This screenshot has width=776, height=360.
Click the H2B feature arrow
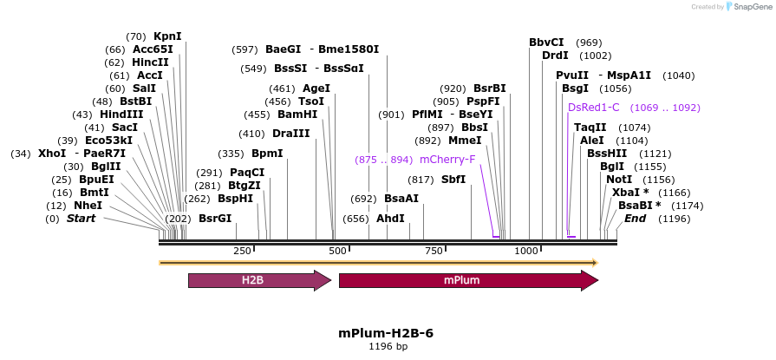(x=258, y=280)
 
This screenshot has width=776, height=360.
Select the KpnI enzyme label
(x=167, y=36)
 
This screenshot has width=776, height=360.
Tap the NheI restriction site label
(x=88, y=206)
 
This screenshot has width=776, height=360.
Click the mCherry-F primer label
(x=447, y=160)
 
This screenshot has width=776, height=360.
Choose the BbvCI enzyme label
(x=546, y=43)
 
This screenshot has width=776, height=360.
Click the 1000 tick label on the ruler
(x=526, y=251)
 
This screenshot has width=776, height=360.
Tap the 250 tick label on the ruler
(x=242, y=251)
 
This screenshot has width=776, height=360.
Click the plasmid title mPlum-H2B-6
(x=386, y=333)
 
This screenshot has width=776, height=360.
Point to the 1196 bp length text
(x=388, y=347)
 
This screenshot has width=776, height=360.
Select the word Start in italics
(x=81, y=219)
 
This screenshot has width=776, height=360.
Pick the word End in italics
(x=635, y=219)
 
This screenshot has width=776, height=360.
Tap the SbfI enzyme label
(x=453, y=180)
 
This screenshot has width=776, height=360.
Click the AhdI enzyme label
(x=390, y=219)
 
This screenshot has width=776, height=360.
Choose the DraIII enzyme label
(x=290, y=134)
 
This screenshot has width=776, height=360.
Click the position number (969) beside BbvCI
(x=589, y=43)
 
